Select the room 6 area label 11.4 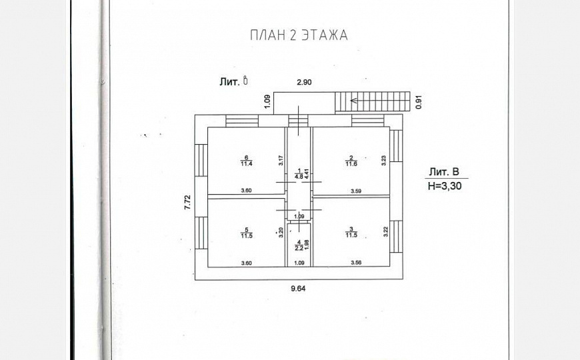pyautogui.click(x=246, y=163)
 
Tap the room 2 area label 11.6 pyautogui.click(x=351, y=163)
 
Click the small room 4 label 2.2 pyautogui.click(x=300, y=247)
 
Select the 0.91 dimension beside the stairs pyautogui.click(x=419, y=102)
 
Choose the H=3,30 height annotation pyautogui.click(x=444, y=187)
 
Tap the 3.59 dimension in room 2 pyautogui.click(x=361, y=191)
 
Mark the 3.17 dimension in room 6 pyautogui.click(x=281, y=160)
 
